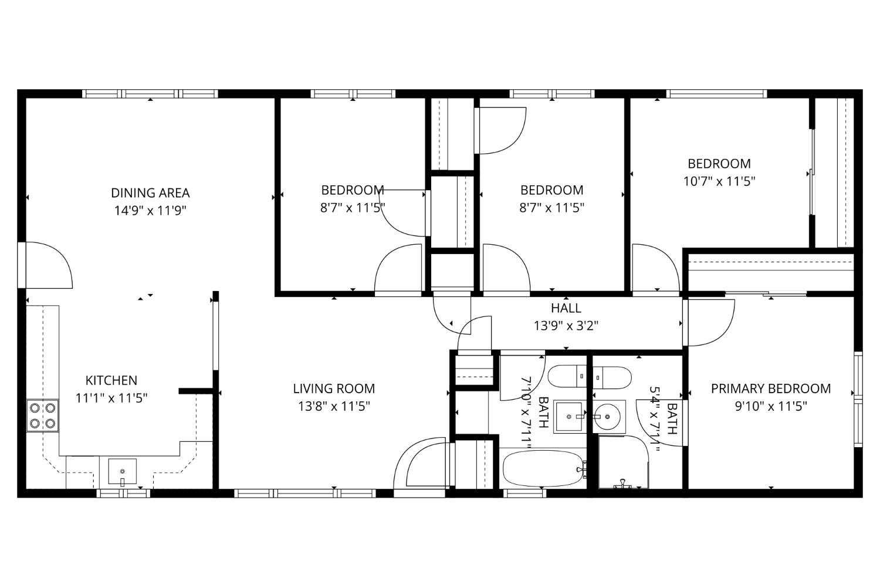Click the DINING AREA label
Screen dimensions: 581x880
coord(150,192)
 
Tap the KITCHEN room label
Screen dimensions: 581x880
coord(111,380)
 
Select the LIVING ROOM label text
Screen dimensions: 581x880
coord(334,388)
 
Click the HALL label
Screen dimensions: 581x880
coord(566,308)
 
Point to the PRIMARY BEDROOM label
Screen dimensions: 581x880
coord(771,389)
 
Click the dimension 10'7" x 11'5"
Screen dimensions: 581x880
coord(719,181)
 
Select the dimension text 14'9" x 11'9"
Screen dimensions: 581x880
coord(150,210)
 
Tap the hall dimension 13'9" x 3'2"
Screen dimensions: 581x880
coord(566,325)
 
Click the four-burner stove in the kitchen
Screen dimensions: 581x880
coord(43,416)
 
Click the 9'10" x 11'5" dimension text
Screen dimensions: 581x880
coord(771,406)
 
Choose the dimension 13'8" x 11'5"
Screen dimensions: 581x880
coord(334,406)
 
